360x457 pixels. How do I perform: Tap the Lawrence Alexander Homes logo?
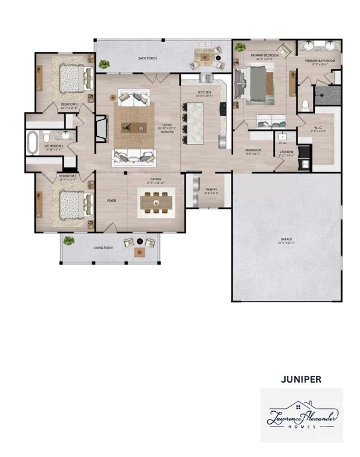coord(302,415)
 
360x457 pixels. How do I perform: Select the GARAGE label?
coord(287,240)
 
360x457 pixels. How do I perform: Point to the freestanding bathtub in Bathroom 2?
coord(32,143)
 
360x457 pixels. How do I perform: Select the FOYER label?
coord(111,201)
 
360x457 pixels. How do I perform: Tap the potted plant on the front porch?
coord(69,241)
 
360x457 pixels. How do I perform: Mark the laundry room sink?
coord(283,136)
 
